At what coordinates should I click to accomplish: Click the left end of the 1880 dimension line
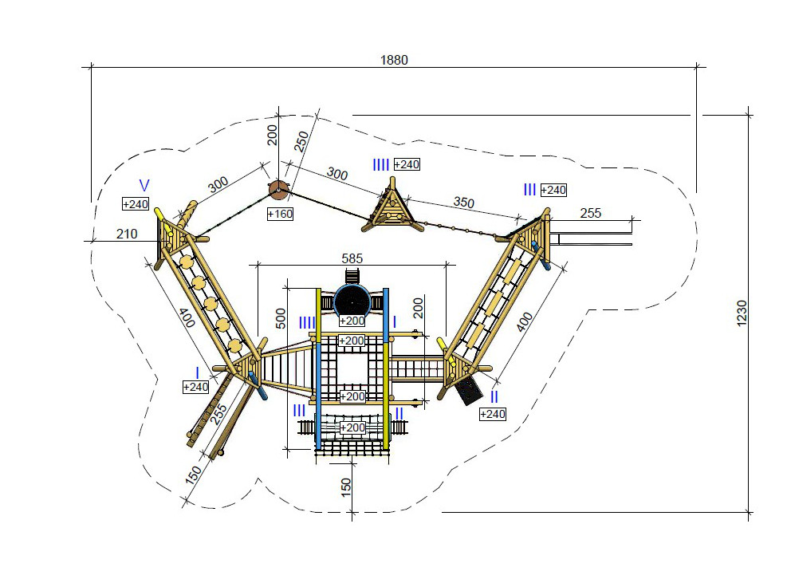coord(92,66)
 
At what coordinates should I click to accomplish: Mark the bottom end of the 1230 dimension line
coord(749,513)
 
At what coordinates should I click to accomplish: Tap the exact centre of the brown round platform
coord(278,190)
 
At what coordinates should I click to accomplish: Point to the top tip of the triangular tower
coord(392,178)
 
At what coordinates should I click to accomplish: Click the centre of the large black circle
coord(352,302)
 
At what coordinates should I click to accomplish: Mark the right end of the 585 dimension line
coord(447,264)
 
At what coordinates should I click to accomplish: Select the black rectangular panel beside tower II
coord(467,390)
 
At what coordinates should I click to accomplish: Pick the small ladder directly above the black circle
coord(352,277)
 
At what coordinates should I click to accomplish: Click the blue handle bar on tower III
coord(541,254)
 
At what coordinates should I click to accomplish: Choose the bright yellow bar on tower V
coord(160,215)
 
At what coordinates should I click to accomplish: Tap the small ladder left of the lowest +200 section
coord(306,428)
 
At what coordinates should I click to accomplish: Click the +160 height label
coord(280,214)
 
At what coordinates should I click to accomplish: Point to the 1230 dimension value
coord(742,313)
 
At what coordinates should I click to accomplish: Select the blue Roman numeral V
coord(144,186)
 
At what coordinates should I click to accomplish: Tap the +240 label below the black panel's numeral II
coord(492,414)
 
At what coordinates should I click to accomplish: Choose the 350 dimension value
coord(463,203)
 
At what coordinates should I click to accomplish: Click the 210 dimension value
coord(127,234)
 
